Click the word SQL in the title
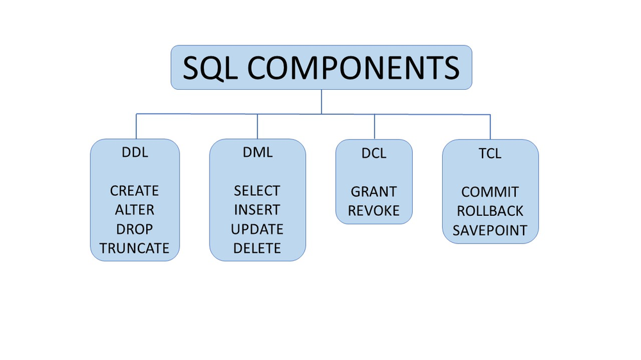209,67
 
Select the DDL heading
135,153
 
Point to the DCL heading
374,154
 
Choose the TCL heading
490,154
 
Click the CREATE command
135,191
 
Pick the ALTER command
135,210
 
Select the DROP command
135,229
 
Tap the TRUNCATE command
135,249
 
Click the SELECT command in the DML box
257,191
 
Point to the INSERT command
257,210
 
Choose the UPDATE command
257,229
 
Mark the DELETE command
257,249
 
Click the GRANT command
374,192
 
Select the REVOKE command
374,211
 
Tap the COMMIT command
490,192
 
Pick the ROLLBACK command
490,211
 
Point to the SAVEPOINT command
490,230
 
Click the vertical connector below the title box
321,101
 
